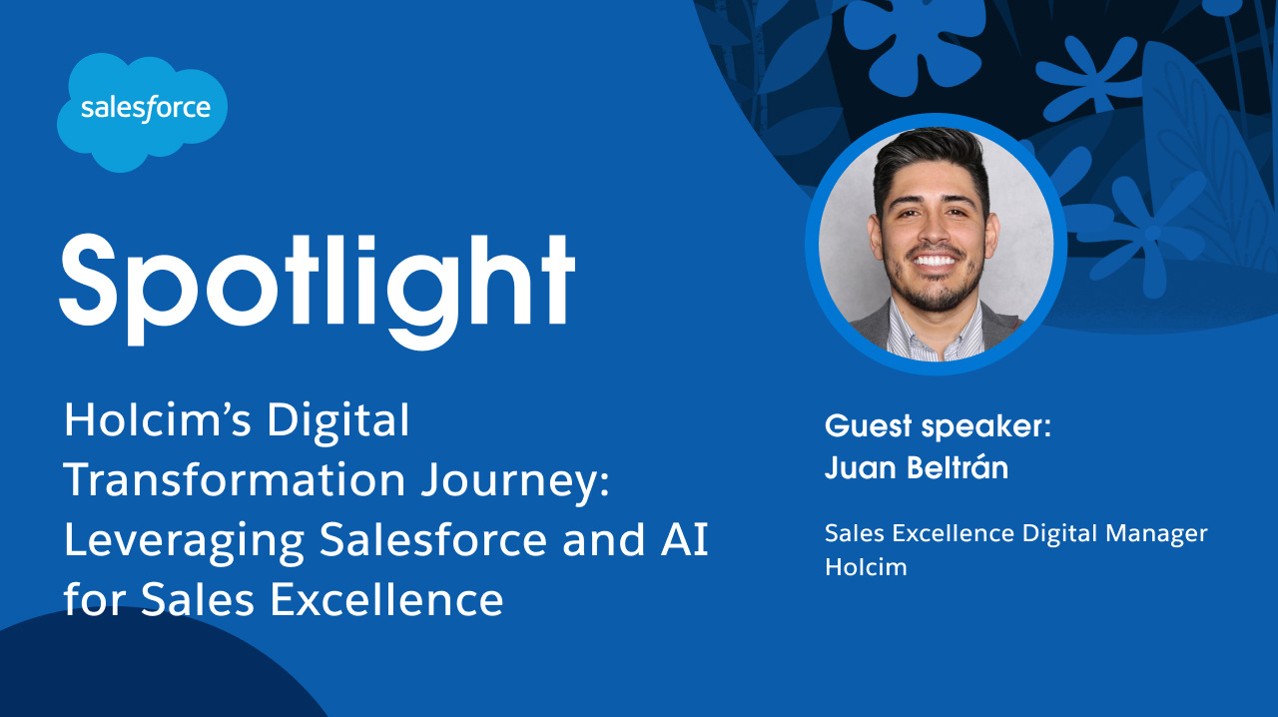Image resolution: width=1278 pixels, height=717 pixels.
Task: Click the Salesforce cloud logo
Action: click(142, 111)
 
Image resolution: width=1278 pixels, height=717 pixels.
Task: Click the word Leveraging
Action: click(183, 542)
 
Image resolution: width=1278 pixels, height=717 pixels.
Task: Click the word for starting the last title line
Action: click(94, 600)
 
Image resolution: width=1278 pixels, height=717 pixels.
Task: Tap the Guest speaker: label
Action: click(939, 427)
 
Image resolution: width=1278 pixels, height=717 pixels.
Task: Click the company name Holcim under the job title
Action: click(866, 567)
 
